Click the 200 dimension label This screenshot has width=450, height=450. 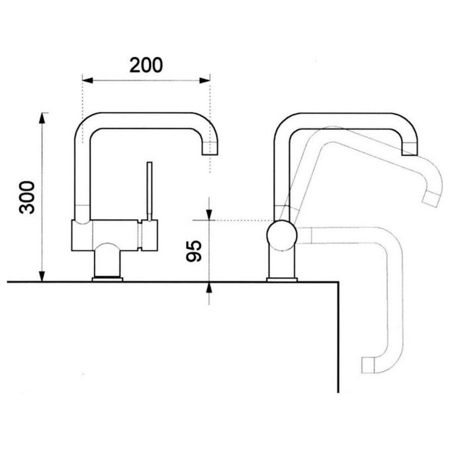tap(146, 65)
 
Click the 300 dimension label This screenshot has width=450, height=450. tap(27, 197)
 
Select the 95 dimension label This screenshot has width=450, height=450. tap(194, 251)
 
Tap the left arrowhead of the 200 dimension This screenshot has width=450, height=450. tap(87, 80)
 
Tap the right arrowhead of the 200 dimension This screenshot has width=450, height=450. tap(204, 80)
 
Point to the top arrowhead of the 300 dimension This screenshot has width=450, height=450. tap(42, 118)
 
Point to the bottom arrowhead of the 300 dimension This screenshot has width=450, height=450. tap(42, 276)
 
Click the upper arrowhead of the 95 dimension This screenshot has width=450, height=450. tap(209, 214)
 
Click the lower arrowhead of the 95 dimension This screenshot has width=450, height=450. tap(209, 288)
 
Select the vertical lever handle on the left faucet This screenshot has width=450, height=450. tap(150, 191)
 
